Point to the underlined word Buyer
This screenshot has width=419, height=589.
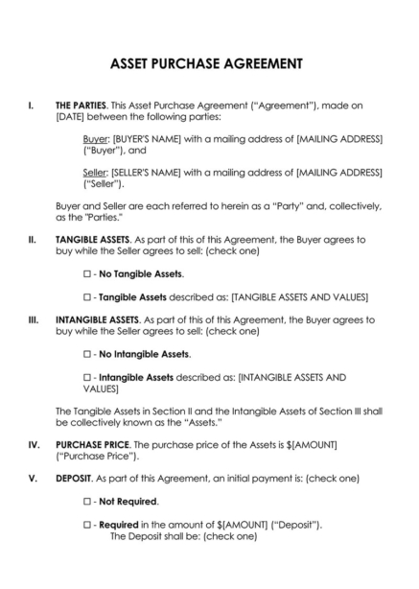96,139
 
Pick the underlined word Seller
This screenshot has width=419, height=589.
96,173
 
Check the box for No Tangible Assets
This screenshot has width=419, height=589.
87,274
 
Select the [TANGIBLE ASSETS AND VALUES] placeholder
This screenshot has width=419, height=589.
306,297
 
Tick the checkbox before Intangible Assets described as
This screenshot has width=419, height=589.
87,378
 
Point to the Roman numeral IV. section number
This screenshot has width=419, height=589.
34,445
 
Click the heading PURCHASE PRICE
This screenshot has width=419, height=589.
91,445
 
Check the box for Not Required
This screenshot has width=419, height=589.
87,502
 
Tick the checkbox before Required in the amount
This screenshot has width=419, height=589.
87,526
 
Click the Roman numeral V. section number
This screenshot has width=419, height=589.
33,478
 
